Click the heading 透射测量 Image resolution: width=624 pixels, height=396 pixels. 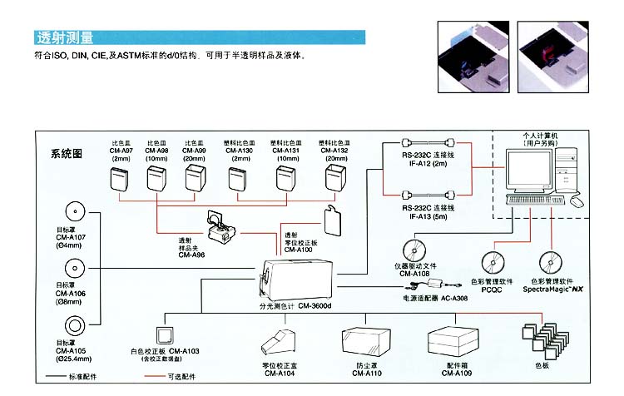65,38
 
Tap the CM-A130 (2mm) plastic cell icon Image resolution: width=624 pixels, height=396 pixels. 238,178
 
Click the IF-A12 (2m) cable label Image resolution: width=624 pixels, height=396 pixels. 427,164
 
